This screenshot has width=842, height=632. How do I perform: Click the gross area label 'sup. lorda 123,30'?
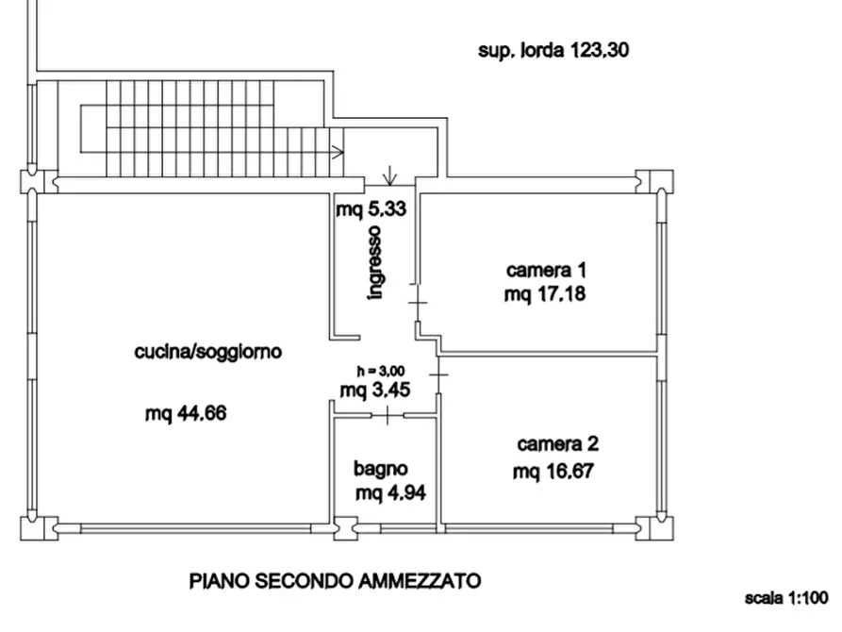[553, 51]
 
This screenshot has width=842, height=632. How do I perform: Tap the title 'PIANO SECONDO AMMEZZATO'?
[336, 579]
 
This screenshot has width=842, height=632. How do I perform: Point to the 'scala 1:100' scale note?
[785, 598]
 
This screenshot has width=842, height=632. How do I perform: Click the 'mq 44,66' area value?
[188, 412]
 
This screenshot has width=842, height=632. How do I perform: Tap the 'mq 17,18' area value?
[545, 294]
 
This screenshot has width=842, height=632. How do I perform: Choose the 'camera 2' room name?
[557, 443]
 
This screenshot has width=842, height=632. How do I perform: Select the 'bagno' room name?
[381, 468]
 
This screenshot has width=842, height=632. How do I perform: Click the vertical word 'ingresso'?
[375, 263]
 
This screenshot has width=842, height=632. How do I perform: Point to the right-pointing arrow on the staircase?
[336, 151]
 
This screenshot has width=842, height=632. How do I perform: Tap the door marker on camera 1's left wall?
[418, 303]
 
